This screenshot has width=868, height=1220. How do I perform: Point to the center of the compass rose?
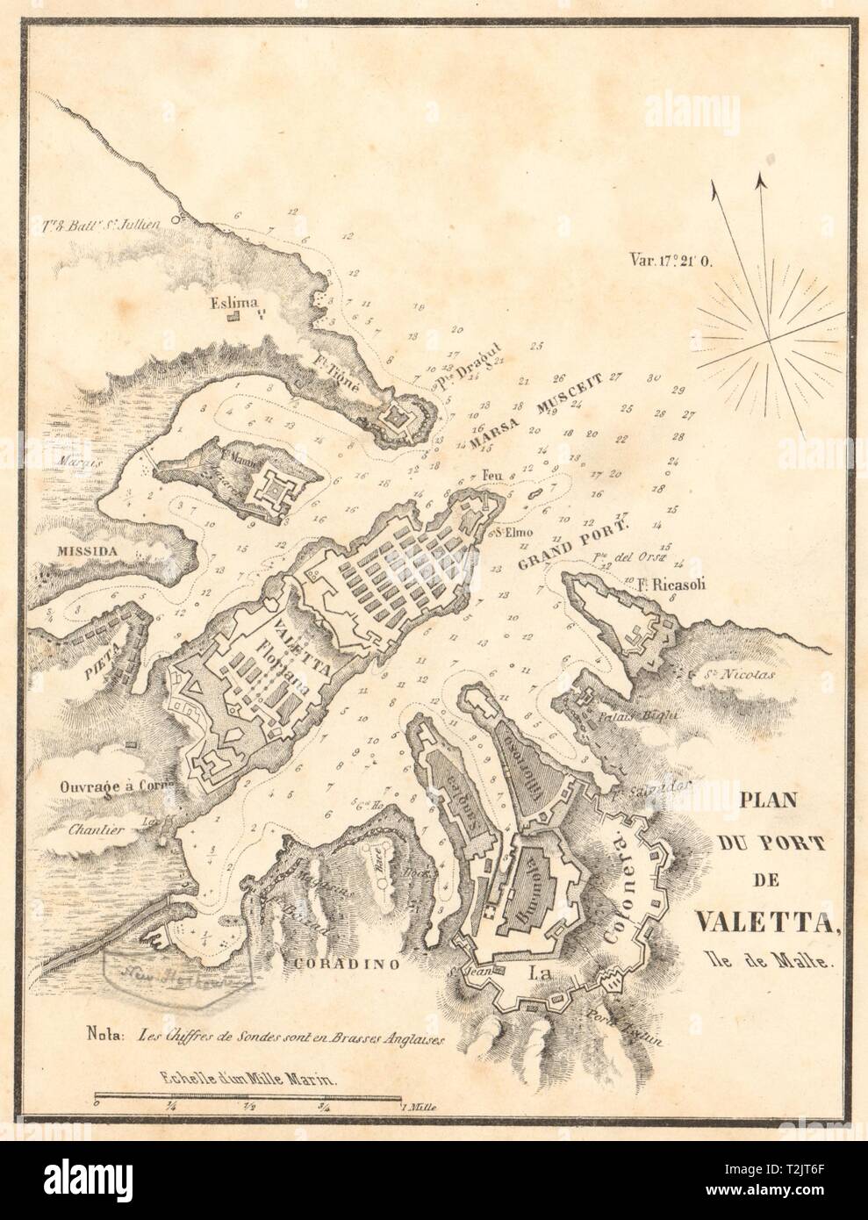769,339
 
